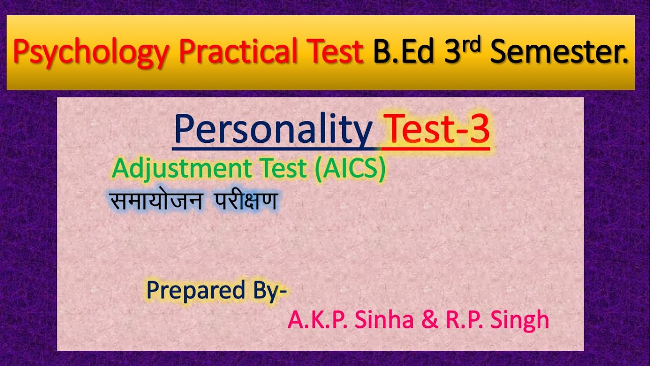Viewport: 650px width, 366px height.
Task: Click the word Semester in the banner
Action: coord(559,53)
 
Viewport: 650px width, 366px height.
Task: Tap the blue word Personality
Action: coord(273,131)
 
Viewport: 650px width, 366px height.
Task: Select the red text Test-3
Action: coord(437,130)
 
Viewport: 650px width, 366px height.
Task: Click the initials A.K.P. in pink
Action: coord(314,320)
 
